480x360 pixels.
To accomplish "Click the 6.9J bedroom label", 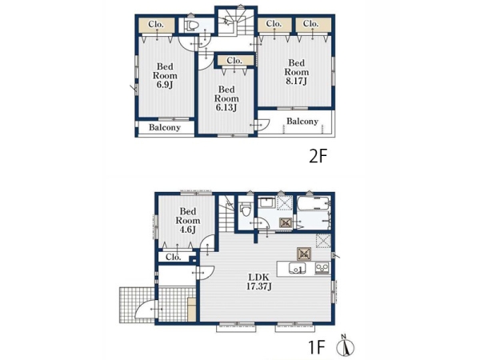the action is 165,75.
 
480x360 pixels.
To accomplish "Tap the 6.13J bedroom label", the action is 226,98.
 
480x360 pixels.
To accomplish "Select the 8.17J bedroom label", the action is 296,72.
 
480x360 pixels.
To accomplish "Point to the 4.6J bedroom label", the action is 188,221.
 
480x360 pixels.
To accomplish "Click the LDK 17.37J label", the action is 259,282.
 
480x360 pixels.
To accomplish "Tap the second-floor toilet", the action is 193,26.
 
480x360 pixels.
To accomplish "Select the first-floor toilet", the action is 246,210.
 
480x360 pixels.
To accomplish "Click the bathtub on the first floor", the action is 314,203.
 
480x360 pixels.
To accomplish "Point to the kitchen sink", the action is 297,269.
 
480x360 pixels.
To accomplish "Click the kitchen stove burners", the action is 322,268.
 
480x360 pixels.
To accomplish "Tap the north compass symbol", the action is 346,346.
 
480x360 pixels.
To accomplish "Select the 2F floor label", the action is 318,157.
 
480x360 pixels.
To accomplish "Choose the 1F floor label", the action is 316,347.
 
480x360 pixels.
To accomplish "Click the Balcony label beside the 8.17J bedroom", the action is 302,122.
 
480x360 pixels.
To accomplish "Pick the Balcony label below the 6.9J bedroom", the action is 164,127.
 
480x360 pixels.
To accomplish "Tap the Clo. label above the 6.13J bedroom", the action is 234,61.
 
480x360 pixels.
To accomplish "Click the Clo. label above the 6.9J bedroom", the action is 156,24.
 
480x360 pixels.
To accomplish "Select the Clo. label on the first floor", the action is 174,257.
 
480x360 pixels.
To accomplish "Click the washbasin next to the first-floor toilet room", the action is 267,202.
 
